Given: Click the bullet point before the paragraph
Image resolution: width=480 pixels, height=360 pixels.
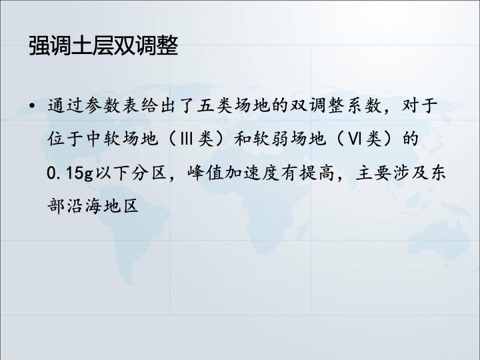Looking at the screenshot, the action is point(31,106).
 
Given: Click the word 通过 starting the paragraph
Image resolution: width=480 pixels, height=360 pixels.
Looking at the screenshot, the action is point(65,105).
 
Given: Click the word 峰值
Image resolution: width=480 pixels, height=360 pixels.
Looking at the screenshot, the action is point(206,173).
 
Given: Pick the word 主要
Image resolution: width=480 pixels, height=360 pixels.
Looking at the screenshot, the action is point(373,173).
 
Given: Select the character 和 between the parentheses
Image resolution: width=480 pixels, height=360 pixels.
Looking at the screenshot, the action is point(243,139).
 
